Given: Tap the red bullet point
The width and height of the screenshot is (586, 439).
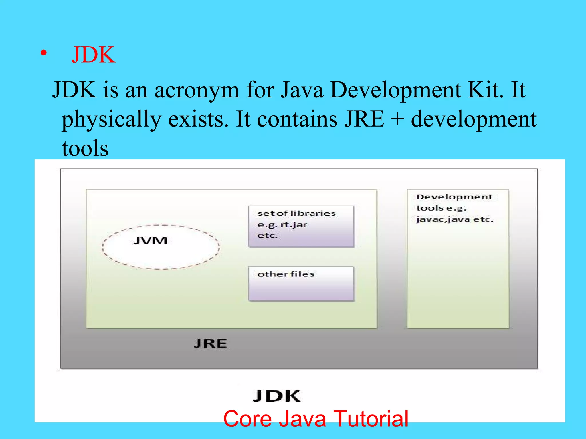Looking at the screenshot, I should tap(43, 53).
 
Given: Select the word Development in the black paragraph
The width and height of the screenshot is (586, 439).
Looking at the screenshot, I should tap(395, 90).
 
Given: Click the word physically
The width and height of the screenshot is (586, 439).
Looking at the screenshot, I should tap(111, 120).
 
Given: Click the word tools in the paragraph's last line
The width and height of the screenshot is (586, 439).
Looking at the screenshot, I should tap(85, 148).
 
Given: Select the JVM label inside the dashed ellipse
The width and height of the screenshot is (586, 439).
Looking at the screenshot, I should tap(151, 241).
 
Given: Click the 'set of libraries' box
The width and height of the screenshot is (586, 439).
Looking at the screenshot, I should tap(301, 226).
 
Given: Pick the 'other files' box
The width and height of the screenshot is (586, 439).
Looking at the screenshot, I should tap(301, 284).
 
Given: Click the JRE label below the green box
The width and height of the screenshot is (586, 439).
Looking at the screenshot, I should tap(210, 344).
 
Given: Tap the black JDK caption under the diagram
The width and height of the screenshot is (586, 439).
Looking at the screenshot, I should tap(276, 396).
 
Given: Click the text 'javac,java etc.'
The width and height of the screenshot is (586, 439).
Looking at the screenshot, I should tap(454, 219).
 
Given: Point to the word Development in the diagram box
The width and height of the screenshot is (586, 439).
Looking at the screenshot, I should tap(454, 197).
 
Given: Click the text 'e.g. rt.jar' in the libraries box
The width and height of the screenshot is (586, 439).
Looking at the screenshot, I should tap(282, 225).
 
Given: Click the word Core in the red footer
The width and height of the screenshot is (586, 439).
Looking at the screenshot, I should tap(248, 419).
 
